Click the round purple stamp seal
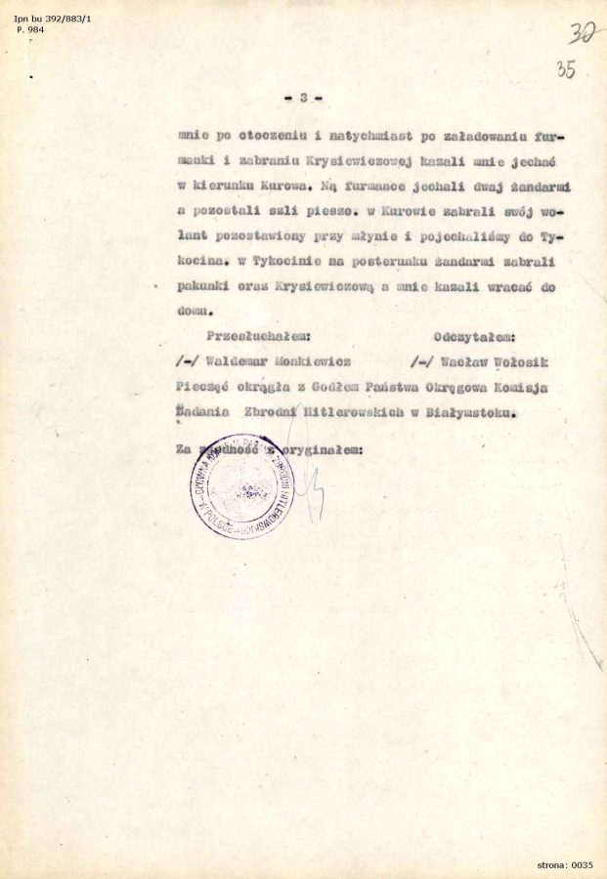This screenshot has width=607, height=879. pos(241,485)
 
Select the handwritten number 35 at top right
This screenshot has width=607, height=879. pos(564,69)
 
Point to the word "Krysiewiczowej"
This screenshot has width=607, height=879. pos(307,158)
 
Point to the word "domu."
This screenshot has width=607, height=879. pos(194,313)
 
